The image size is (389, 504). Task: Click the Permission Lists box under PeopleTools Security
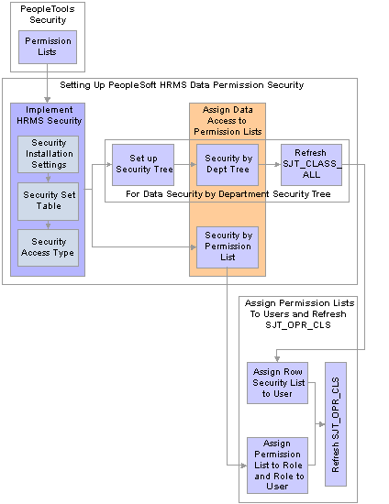(48, 47)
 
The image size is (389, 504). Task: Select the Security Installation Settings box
(48, 154)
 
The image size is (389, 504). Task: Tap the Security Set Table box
(48, 202)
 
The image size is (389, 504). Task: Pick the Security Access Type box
(48, 247)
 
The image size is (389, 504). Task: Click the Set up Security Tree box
(143, 165)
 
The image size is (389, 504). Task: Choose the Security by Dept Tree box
(228, 165)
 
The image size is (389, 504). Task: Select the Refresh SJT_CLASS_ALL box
(311, 165)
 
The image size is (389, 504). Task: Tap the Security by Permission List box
(228, 247)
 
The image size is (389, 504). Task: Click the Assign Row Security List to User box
(277, 383)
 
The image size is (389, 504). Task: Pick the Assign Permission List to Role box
(277, 466)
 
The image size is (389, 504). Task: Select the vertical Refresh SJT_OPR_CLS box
(336, 424)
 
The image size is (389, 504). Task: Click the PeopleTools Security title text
(48, 15)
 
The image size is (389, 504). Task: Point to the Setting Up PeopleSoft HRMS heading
(182, 85)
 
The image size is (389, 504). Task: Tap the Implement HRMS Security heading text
(50, 115)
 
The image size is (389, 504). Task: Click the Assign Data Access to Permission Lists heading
(228, 121)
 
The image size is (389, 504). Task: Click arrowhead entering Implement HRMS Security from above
(48, 100)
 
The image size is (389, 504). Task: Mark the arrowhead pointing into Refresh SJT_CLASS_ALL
(277, 165)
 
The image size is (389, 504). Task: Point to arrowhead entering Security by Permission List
(194, 247)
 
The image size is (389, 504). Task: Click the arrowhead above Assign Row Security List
(277, 358)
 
